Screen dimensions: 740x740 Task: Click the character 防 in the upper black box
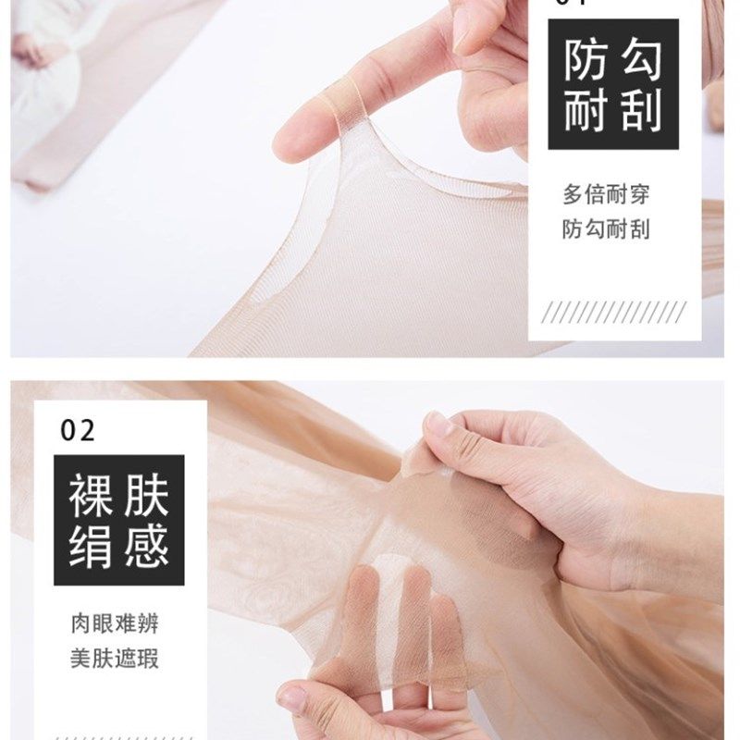tap(586, 61)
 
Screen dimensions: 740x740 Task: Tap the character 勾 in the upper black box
tap(640, 61)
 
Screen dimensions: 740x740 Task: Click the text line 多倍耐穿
tap(606, 195)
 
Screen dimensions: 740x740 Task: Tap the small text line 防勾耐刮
tap(606, 229)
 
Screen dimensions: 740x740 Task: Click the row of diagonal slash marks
tap(613, 312)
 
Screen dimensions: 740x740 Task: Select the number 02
tap(78, 430)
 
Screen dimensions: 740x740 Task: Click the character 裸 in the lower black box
tap(91, 497)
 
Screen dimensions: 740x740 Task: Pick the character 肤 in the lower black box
tap(145, 497)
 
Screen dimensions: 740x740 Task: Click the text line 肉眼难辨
tap(114, 623)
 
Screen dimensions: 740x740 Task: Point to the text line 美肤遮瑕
tap(114, 659)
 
